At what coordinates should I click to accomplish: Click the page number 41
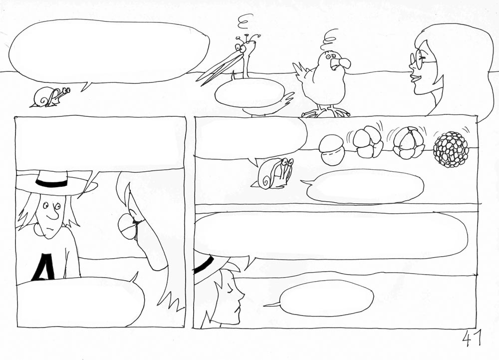coord(472,339)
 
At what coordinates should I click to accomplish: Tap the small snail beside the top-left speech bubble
coord(50,97)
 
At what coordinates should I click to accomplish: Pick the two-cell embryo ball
coord(332,150)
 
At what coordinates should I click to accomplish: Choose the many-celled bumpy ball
coord(451,149)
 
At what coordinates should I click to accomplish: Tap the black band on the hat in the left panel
coord(51,183)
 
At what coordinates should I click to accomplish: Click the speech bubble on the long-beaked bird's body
coord(250,93)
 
